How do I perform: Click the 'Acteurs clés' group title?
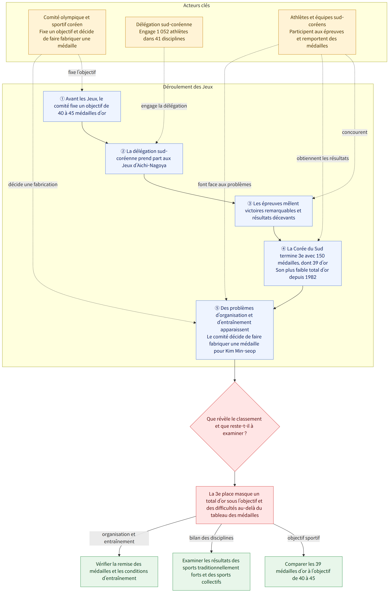[196, 5]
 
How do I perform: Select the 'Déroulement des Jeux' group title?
[188, 87]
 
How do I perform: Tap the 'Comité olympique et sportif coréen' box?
[67, 32]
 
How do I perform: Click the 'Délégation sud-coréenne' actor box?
[164, 32]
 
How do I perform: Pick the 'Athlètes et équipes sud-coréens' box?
[317, 32]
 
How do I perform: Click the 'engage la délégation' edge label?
[164, 106]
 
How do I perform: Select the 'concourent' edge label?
[355, 132]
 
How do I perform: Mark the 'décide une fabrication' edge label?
[33, 184]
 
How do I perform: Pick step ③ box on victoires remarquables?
[273, 211]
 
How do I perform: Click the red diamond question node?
[235, 426]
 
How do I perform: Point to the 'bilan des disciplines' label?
[211, 538]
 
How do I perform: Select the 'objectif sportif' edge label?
[304, 538]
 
